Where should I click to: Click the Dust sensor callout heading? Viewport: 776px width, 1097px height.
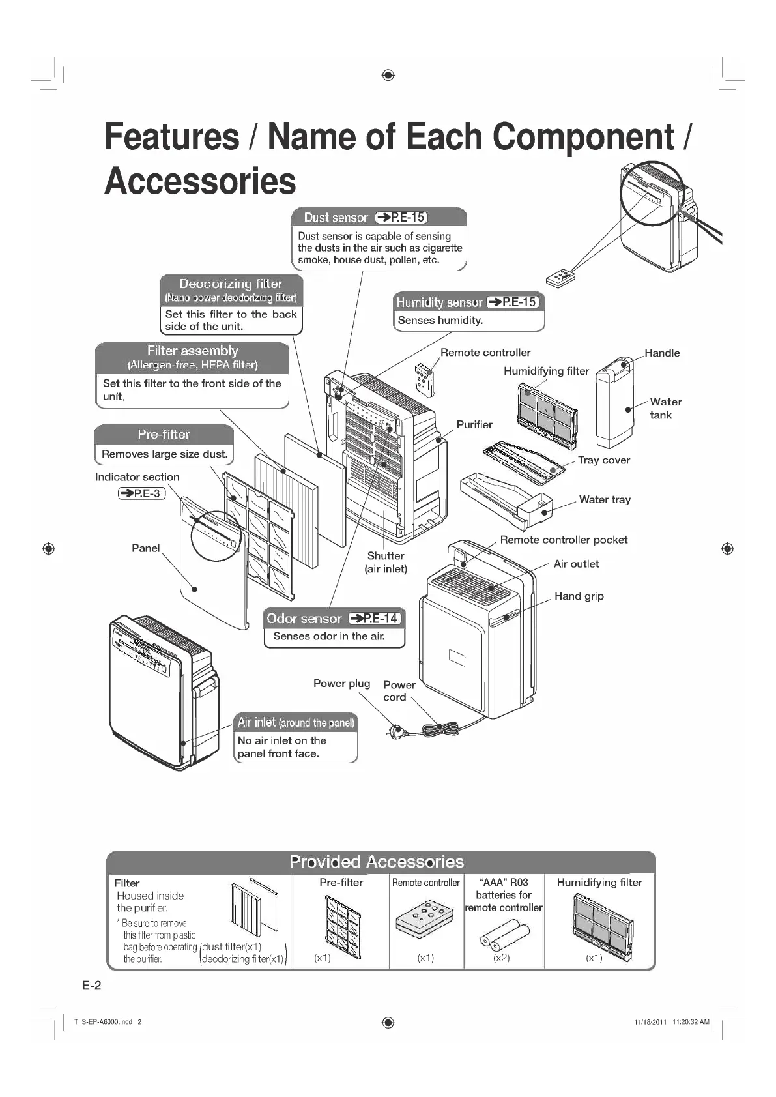336,218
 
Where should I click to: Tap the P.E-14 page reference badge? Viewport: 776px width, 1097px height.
375,619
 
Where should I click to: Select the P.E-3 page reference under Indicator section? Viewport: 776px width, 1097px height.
141,493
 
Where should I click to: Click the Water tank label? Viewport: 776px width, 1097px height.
665,408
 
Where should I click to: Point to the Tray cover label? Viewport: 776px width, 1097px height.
603,460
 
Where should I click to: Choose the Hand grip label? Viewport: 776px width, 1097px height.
579,596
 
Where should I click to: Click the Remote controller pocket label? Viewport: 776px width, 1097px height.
564,540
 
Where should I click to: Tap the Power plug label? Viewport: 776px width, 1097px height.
341,683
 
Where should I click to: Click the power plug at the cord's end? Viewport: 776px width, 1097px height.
395,733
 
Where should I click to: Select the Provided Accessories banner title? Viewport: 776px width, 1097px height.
377,862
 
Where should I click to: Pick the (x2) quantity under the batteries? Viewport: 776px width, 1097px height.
501,958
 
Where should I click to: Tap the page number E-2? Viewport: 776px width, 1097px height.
92,986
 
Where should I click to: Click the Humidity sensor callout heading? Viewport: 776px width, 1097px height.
440,302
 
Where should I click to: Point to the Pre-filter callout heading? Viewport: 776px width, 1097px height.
164,435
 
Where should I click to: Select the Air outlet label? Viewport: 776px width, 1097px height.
576,564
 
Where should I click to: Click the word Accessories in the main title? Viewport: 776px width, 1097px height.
200,181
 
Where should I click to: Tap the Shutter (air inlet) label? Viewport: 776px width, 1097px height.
386,562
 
